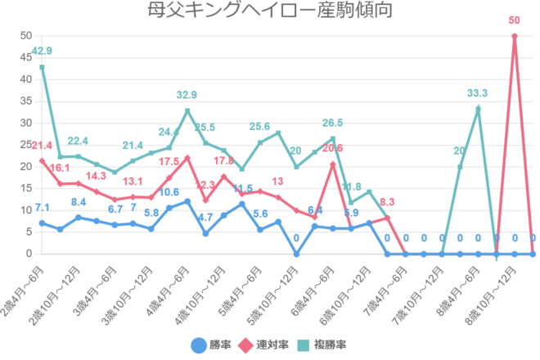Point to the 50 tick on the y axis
[25, 36]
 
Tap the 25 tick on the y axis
[25, 145]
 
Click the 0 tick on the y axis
[28, 254]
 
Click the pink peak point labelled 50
[515, 36]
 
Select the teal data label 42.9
[42, 52]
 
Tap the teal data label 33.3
[478, 92]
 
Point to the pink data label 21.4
[41, 145]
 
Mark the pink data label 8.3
[388, 202]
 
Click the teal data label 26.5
[333, 123]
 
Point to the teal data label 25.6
[260, 126]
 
